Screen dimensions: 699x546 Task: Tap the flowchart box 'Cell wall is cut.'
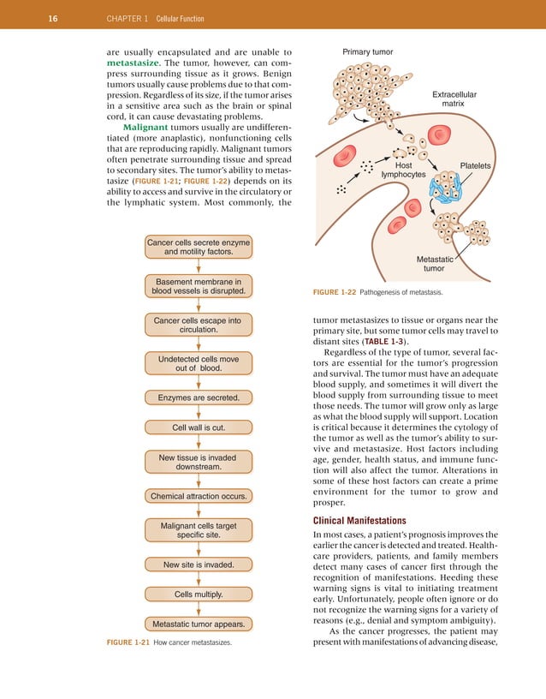[199, 426]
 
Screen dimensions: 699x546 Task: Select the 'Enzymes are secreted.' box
[199, 397]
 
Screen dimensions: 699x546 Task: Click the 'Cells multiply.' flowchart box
[199, 594]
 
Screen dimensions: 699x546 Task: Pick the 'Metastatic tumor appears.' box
[199, 623]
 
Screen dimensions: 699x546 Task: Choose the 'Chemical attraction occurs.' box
[199, 496]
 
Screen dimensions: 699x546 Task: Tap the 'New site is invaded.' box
[199, 565]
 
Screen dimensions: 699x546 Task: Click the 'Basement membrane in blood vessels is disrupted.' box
[199, 285]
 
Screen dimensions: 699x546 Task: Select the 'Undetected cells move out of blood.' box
[199, 362]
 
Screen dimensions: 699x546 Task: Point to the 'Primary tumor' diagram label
[367, 51]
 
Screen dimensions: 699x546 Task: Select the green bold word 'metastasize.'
[134, 63]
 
